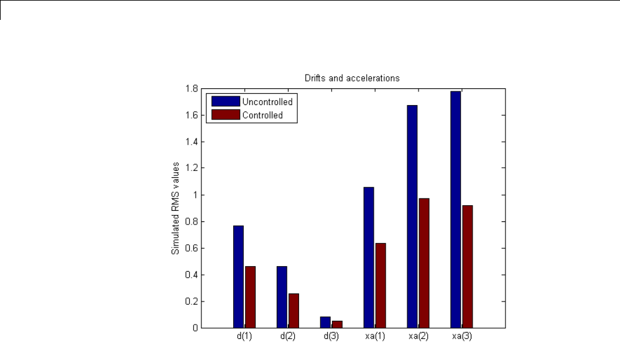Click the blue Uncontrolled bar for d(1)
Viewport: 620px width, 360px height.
point(238,276)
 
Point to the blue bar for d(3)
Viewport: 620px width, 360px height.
point(325,322)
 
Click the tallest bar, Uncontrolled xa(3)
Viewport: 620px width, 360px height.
point(456,209)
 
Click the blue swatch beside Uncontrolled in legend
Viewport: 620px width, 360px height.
point(225,101)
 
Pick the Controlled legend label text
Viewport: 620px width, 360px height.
point(262,115)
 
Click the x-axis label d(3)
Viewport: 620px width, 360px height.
point(331,336)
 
